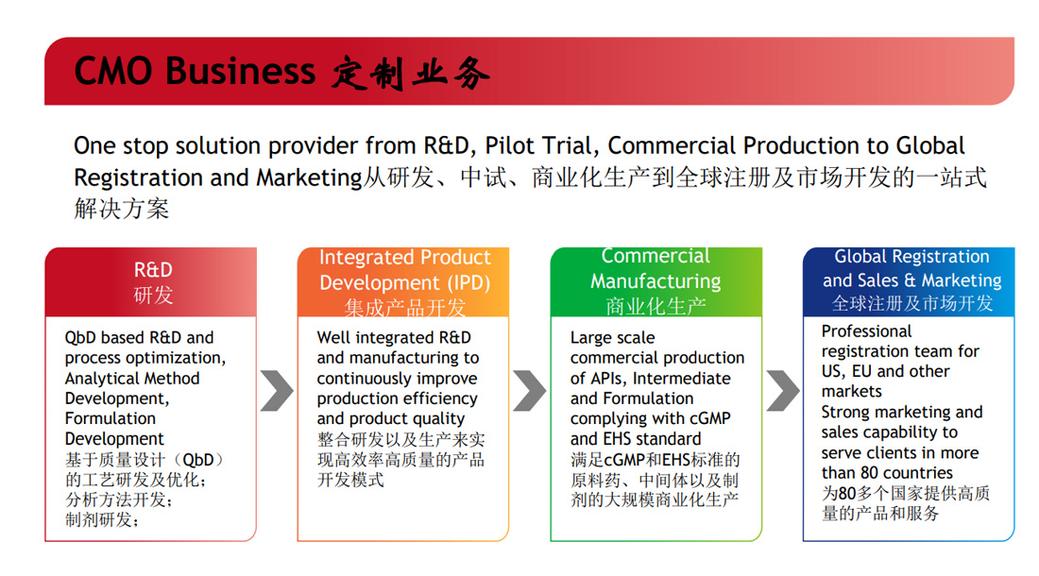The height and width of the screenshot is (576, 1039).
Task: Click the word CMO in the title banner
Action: [113, 71]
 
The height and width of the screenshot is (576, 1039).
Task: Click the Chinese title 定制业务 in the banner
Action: [411, 73]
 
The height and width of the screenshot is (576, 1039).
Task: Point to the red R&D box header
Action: [151, 282]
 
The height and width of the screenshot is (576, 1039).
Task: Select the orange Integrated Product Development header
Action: [403, 282]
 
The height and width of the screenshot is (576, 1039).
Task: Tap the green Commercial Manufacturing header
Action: [656, 282]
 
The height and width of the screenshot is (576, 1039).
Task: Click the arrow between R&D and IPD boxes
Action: [277, 391]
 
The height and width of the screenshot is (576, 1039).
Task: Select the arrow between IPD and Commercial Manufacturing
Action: [530, 391]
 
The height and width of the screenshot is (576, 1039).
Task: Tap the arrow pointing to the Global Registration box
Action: [783, 391]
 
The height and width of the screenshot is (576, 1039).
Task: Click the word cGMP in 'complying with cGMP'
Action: [709, 419]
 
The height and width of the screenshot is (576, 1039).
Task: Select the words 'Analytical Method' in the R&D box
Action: [132, 379]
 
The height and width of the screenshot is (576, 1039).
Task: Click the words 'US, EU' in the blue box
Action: [847, 371]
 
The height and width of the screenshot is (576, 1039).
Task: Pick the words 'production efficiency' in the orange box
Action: [397, 398]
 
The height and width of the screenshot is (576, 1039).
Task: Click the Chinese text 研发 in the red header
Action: [153, 295]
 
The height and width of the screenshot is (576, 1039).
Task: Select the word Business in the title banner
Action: [241, 71]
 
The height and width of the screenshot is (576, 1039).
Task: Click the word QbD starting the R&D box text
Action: [80, 338]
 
